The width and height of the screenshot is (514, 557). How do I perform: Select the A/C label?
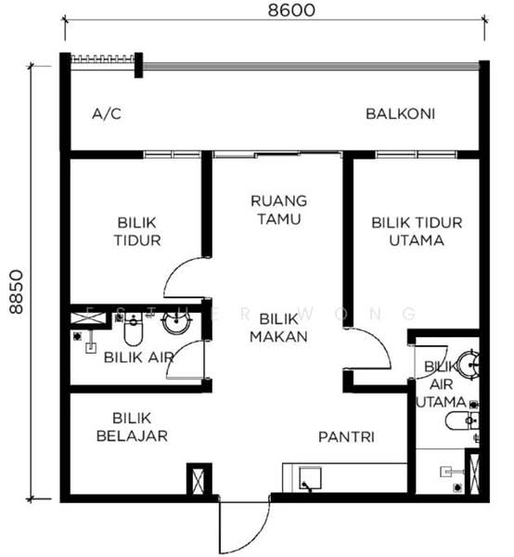107,114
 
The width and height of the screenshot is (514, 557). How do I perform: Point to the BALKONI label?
401,114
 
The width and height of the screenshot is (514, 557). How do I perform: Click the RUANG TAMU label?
279,209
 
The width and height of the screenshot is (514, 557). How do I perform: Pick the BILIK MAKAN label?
278,328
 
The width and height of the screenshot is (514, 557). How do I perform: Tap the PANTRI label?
346,436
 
